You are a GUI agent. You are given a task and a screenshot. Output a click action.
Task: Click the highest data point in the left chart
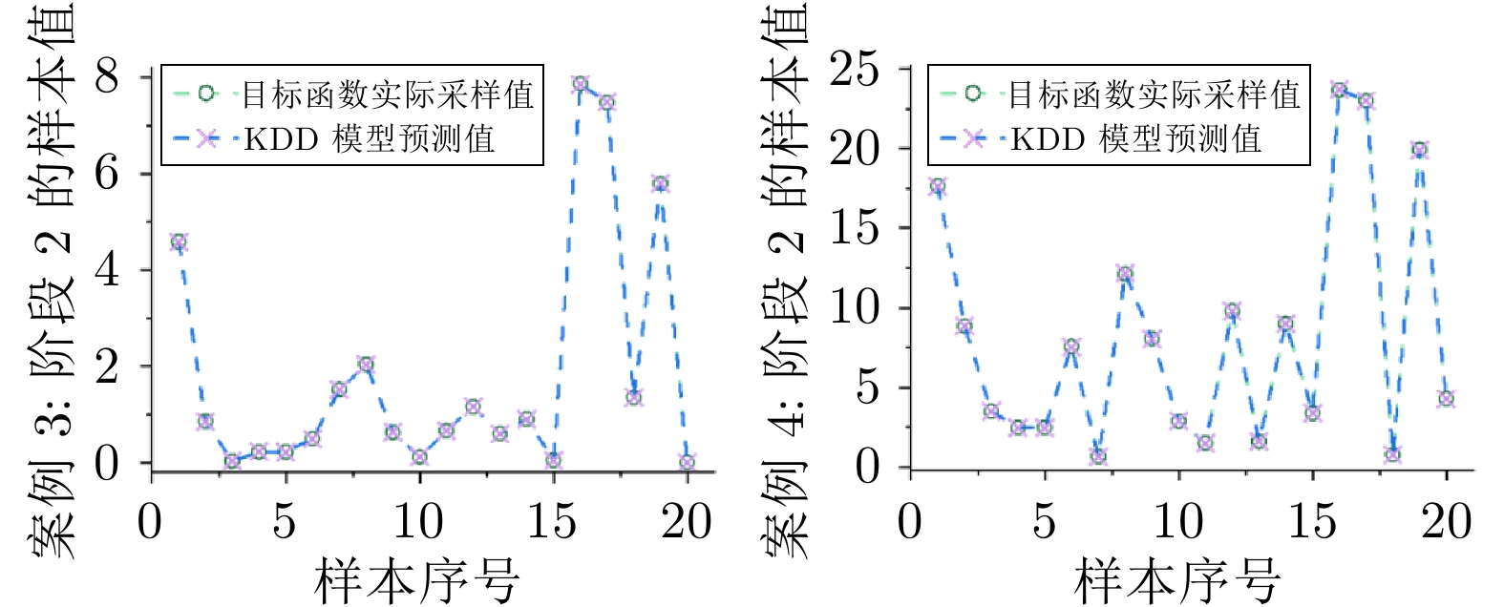[580, 84]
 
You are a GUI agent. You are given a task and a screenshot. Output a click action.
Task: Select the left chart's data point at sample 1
[178, 242]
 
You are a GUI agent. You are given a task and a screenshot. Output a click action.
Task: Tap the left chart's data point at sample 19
[660, 184]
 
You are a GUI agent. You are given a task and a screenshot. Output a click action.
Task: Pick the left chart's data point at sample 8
[366, 365]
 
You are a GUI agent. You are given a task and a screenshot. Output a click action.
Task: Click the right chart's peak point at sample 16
[1339, 90]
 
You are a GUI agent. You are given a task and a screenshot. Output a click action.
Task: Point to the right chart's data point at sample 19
[1419, 150]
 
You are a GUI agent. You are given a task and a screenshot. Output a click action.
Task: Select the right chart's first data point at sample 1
[937, 187]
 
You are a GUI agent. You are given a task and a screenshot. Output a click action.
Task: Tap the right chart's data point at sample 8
[1125, 275]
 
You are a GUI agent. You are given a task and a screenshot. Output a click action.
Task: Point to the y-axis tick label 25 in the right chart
[854, 69]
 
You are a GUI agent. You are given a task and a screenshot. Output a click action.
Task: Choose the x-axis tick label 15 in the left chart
[552, 521]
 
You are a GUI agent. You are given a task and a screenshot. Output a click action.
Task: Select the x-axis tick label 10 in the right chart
[1178, 521]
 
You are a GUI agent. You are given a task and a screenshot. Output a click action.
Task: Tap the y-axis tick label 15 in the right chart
[854, 228]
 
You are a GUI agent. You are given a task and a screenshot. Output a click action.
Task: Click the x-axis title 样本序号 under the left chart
[417, 580]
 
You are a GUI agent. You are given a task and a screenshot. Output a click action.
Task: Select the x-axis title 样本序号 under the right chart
[1177, 580]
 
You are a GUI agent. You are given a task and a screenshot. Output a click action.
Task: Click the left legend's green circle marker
[206, 94]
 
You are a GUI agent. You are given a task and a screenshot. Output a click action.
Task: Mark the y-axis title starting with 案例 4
[785, 286]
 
